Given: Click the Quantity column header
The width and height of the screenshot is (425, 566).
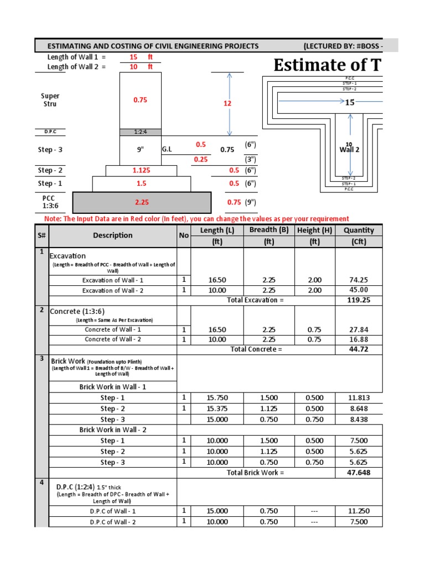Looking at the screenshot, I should pyautogui.click(x=359, y=230).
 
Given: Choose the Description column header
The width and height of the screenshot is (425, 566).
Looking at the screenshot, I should pyautogui.click(x=112, y=235).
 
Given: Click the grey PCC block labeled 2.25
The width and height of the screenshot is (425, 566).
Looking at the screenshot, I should pyautogui.click(x=141, y=202).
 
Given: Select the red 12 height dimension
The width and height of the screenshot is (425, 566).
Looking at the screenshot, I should pyautogui.click(x=227, y=103).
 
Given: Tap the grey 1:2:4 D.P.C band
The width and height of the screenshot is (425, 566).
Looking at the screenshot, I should pyautogui.click(x=141, y=132).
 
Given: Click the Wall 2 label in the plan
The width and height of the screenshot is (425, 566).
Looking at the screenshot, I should pyautogui.click(x=349, y=150).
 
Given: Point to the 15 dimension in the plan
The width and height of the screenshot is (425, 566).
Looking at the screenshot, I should pyautogui.click(x=349, y=102).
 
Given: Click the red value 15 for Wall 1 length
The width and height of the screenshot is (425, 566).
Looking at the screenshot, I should pyautogui.click(x=133, y=57).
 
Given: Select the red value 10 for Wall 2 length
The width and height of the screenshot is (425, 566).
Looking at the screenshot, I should pyautogui.click(x=133, y=67).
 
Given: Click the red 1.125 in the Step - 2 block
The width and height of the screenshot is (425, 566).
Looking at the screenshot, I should pyautogui.click(x=142, y=171).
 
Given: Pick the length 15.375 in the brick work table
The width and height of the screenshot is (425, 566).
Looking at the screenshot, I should pyautogui.click(x=217, y=408).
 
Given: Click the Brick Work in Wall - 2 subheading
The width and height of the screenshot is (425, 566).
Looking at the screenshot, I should pyautogui.click(x=112, y=429).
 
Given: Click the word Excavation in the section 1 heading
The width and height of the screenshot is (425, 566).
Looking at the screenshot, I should pyautogui.click(x=68, y=256).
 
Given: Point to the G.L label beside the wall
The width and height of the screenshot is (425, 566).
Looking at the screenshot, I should pyautogui.click(x=167, y=149).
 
